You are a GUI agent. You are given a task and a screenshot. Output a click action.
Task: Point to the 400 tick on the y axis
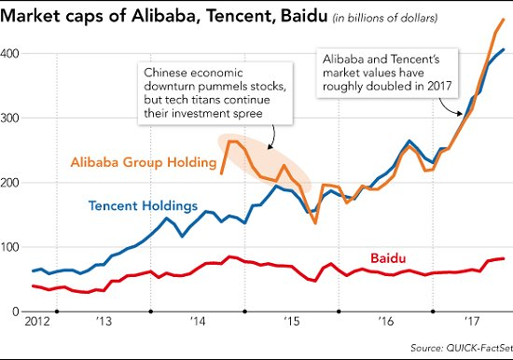point(12,53)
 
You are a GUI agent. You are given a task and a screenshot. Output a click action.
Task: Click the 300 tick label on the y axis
point(12,118)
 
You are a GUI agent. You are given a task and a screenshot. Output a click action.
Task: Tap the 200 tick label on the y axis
point(12,183)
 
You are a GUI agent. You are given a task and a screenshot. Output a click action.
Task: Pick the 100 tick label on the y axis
point(12,247)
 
